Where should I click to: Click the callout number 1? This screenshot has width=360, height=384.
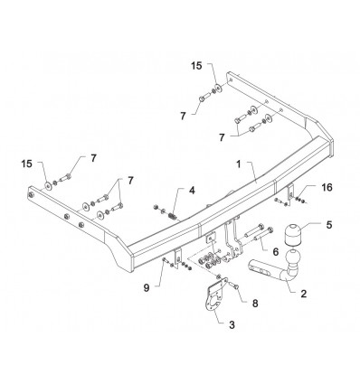(239, 164)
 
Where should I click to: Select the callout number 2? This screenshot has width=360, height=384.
(303, 294)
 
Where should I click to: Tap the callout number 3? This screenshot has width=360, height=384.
(232, 324)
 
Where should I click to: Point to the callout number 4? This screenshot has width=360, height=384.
(192, 191)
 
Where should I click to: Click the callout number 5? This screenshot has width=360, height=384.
(329, 225)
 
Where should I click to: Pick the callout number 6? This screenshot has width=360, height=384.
(276, 252)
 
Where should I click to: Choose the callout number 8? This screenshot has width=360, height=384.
(255, 304)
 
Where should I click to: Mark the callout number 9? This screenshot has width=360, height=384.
(147, 288)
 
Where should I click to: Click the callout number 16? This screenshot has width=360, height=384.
(327, 187)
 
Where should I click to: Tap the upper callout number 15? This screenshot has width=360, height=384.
(196, 66)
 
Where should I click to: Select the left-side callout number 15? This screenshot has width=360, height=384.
(26, 164)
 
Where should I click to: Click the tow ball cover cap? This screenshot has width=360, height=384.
(292, 236)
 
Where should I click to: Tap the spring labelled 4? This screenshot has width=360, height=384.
(173, 216)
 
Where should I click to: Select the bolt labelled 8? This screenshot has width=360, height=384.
(234, 286)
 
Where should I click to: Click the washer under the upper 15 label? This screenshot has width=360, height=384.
(219, 89)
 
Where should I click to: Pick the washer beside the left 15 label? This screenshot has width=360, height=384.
(48, 186)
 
